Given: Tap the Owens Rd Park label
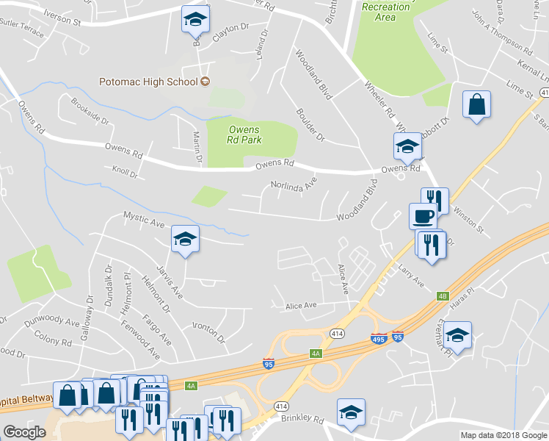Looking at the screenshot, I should click(244, 135).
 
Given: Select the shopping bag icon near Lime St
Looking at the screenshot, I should click(476, 105).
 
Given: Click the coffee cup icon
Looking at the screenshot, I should click(422, 216).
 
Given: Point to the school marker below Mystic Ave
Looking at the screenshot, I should click(185, 239).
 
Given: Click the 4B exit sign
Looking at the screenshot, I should click(442, 296).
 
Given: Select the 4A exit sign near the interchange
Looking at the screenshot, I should click(316, 354).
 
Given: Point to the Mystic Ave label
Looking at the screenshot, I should click(142, 218).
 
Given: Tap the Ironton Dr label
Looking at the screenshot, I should click(208, 332).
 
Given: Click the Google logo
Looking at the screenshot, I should click(24, 431).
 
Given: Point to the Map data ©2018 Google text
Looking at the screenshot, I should click(503, 435).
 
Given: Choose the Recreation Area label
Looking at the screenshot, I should click(386, 12).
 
